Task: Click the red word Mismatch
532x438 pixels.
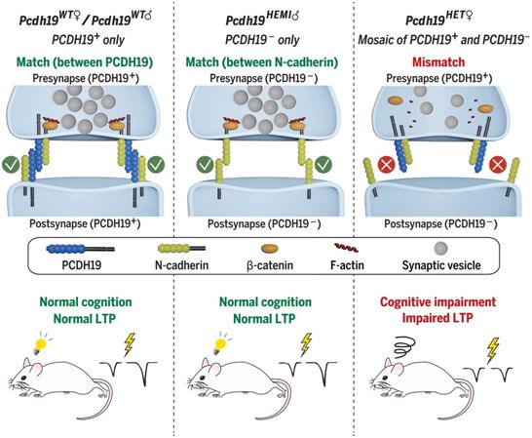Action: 438,62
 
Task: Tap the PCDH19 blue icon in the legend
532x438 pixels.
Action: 81,249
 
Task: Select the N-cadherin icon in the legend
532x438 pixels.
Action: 181,249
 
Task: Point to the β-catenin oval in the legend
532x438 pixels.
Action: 270,249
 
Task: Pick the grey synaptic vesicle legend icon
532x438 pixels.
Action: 441,248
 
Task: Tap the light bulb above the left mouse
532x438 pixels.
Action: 41,343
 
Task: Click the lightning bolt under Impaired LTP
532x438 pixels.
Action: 493,350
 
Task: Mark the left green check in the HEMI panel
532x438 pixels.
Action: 205,165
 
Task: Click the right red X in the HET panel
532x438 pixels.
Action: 497,166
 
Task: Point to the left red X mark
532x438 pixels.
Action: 387,165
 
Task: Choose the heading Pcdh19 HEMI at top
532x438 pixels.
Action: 262,19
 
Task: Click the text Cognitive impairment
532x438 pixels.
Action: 438,301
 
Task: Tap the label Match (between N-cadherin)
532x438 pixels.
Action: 262,62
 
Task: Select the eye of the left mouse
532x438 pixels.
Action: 22,378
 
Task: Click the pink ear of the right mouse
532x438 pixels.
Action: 398,368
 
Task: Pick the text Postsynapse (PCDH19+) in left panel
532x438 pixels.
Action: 85,223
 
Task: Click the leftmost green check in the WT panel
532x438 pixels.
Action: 10,165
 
